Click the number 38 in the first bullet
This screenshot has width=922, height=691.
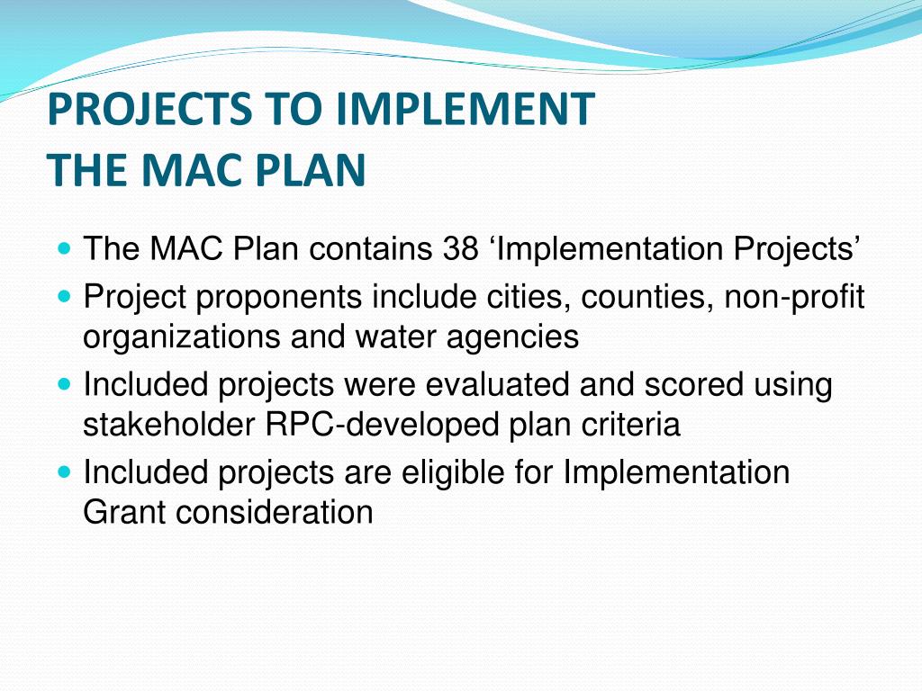coord(461,249)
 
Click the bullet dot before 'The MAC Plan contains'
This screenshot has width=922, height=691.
coord(63,246)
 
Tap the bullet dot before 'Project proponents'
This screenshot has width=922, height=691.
coord(63,294)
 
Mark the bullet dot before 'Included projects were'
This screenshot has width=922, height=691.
coord(63,382)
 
